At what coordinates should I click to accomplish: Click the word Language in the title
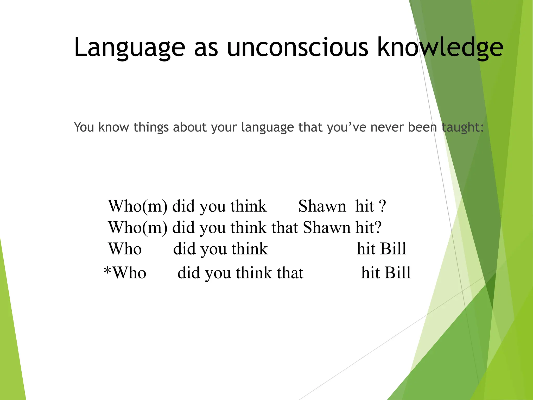(x=129, y=47)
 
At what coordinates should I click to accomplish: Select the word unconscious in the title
(x=297, y=47)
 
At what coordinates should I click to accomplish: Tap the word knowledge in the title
(x=440, y=47)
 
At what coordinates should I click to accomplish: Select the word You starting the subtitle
(x=84, y=127)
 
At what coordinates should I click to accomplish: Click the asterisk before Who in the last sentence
(x=107, y=271)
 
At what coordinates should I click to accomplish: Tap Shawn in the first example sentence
(x=322, y=206)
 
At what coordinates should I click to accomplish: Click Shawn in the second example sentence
(x=327, y=228)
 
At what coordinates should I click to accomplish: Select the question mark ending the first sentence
(x=382, y=206)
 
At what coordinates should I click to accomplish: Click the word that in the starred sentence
(x=290, y=273)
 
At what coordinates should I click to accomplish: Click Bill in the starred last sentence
(x=398, y=273)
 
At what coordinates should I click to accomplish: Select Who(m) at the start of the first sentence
(x=138, y=206)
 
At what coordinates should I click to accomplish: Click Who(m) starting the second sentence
(x=138, y=228)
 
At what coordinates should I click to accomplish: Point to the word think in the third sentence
(x=250, y=249)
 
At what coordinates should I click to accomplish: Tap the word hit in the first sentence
(x=365, y=206)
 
